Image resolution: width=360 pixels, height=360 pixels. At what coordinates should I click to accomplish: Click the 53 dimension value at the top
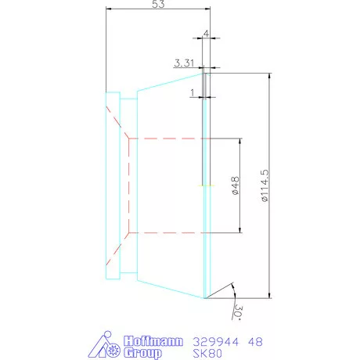click(x=158, y=4)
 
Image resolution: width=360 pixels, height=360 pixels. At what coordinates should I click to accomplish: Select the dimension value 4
click(x=206, y=34)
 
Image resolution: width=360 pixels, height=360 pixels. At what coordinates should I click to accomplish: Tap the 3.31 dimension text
click(x=184, y=63)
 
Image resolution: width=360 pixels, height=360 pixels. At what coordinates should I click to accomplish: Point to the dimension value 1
click(x=193, y=92)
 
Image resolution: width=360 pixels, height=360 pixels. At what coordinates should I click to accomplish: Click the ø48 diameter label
click(x=236, y=185)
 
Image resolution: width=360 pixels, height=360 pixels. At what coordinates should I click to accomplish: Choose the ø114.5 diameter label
click(x=265, y=185)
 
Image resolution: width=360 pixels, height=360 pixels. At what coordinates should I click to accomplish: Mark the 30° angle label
click(x=238, y=311)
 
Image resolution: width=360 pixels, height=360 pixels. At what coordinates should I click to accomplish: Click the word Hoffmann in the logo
click(x=153, y=341)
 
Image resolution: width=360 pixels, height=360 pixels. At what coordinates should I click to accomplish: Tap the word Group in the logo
click(x=142, y=353)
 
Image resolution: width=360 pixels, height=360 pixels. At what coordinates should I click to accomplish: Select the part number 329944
click(x=215, y=342)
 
